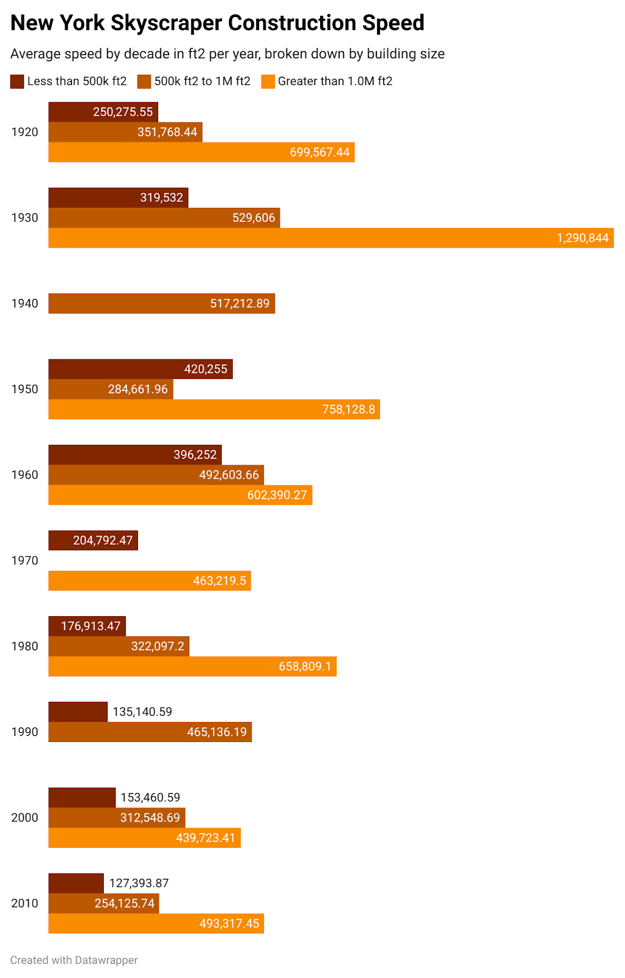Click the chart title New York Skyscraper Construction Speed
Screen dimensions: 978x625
point(217,23)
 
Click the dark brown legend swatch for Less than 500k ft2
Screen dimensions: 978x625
point(17,81)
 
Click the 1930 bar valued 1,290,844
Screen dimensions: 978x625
point(331,238)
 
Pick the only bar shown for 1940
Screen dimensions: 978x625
point(161,304)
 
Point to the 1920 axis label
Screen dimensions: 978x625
point(24,132)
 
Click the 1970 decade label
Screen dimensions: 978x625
point(24,561)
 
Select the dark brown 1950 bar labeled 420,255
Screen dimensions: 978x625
point(140,369)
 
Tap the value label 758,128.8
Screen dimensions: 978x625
point(348,410)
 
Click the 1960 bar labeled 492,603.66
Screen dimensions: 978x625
point(156,475)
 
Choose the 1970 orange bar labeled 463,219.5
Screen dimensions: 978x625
point(149,581)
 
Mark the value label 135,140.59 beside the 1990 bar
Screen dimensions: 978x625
point(142,712)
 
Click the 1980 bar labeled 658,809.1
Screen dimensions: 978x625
point(192,666)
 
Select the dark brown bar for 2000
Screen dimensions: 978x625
point(82,798)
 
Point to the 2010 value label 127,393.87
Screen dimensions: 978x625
point(139,883)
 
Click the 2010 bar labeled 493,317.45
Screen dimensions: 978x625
point(156,924)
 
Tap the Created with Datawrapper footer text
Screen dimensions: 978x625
point(74,960)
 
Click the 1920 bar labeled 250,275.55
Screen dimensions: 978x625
point(103,112)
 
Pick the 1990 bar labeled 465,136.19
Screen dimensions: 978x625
point(150,732)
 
